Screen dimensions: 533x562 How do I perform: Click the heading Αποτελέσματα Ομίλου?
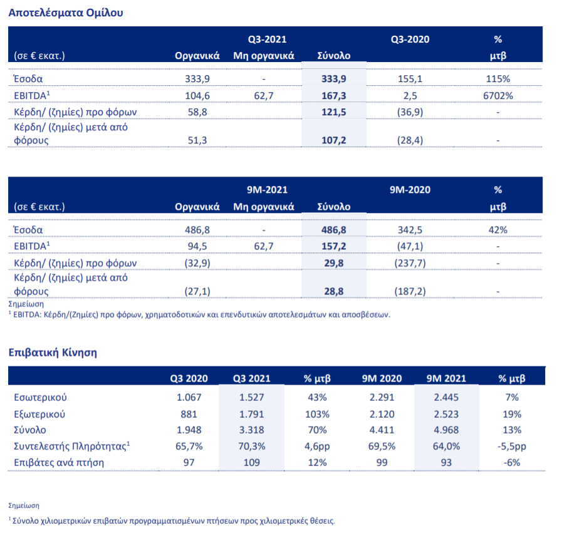(x=66, y=13)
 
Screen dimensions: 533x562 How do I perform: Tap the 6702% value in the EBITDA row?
(x=498, y=95)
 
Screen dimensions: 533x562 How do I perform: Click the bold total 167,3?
(x=333, y=95)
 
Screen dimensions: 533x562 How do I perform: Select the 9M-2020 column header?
(x=410, y=190)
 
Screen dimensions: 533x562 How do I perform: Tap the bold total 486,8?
(x=333, y=230)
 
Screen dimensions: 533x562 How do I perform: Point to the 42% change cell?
(x=498, y=230)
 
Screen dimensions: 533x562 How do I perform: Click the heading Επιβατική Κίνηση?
(x=53, y=352)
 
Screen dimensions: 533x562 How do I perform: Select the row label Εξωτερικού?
(x=39, y=414)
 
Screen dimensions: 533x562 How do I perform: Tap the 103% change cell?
(x=316, y=414)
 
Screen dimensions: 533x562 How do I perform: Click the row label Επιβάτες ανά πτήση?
(x=59, y=463)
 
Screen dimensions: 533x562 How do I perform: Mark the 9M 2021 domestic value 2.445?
(x=445, y=398)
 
